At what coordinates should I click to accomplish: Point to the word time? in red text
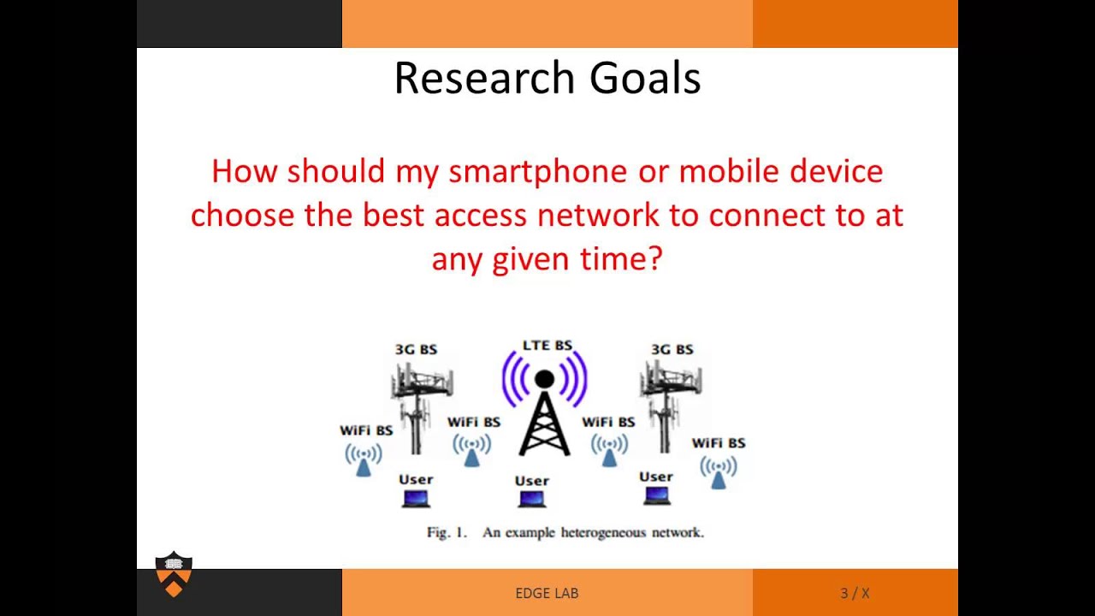coord(623,258)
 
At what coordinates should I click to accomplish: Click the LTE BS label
coord(547,346)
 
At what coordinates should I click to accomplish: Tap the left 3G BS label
coord(416,349)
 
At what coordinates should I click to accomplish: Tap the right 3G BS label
coord(672,349)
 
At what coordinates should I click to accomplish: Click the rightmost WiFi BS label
coord(718,442)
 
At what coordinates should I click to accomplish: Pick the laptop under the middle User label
coord(531,499)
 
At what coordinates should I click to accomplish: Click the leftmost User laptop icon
coord(416,498)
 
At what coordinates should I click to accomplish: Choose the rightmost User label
coord(656,477)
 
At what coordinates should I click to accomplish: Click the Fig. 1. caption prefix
coord(447,532)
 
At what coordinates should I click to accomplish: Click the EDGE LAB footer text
coord(547,593)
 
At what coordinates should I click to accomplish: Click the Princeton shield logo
coord(174,574)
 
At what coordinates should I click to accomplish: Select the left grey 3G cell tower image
coord(419,402)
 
